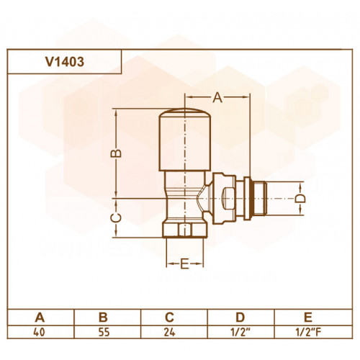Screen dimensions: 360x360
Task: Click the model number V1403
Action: [x=65, y=62]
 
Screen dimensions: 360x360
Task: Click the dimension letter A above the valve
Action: [x=217, y=97]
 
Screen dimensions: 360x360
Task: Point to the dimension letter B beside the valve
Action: [x=116, y=153]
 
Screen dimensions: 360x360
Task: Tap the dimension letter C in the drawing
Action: [x=116, y=217]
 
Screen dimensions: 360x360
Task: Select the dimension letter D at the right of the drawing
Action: [x=300, y=199]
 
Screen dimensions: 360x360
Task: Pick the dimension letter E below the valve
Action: [x=184, y=264]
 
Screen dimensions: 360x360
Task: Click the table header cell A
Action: [x=40, y=318]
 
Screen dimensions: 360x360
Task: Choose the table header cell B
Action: [x=103, y=318]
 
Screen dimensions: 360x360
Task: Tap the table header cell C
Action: [x=169, y=318]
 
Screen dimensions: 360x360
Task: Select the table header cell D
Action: [x=240, y=318]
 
